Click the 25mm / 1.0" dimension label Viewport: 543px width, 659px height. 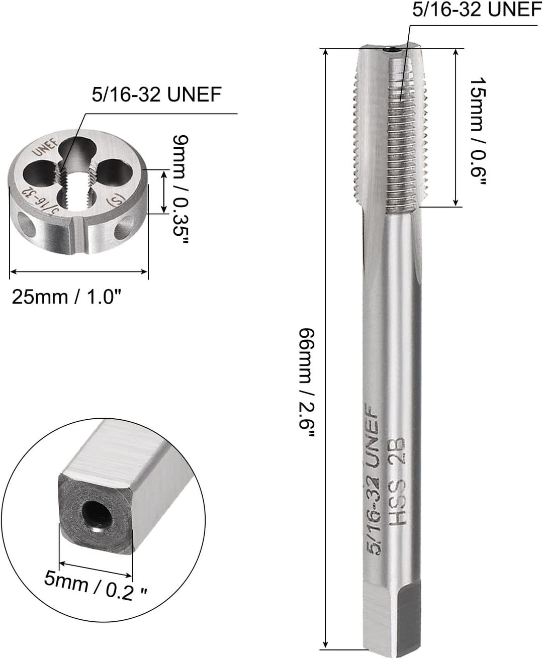pos(67,297)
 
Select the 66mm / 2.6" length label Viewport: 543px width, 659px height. pos(307,383)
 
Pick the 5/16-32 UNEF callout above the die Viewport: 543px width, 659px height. pos(156,94)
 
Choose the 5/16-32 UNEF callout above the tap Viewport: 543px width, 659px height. pos(477,10)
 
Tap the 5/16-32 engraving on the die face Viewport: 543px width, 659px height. pos(36,202)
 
